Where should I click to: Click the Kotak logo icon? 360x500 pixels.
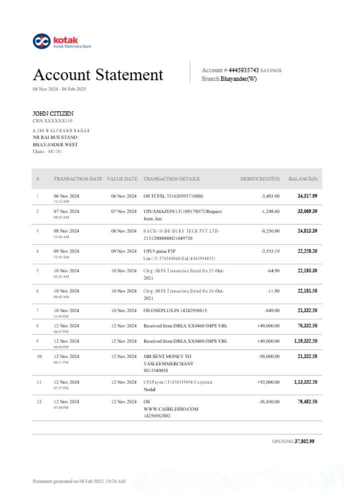pos(41,41)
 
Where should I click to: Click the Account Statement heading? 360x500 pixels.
pos(98,75)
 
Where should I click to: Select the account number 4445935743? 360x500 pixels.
pos(244,70)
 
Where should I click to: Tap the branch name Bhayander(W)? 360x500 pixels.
pos(238,79)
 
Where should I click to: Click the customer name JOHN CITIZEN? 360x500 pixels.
pos(53,114)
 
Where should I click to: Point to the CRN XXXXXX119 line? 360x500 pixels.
pos(52,121)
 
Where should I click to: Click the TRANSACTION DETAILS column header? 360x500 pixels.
pos(171,179)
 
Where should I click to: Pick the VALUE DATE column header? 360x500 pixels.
pos(122,179)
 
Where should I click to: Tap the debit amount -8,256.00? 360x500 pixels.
pos(270,231)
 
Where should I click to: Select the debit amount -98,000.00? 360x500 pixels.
pos(268,356)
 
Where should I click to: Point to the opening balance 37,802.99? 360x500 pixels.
pos(304,441)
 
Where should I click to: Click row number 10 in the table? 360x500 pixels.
pos(38,356)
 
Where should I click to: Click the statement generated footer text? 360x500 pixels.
pos(79,481)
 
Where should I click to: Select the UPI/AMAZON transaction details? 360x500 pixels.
pos(182,215)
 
